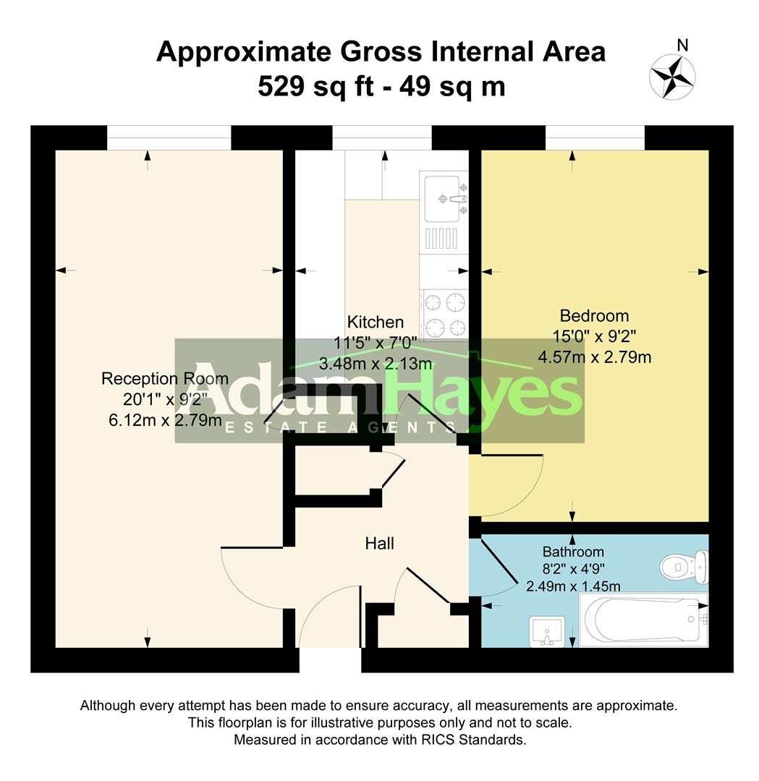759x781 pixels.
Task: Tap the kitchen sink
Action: tap(439, 198)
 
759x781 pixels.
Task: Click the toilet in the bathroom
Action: tap(683, 566)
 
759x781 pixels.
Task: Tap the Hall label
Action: tap(379, 543)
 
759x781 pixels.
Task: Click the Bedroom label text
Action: tap(594, 316)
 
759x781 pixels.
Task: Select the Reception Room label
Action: tap(164, 379)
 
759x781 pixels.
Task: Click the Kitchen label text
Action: tap(375, 323)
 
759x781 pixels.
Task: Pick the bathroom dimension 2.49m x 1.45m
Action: tap(573, 586)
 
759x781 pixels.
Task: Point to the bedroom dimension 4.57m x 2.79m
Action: tap(594, 357)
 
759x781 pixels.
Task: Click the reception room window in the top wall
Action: tap(169, 137)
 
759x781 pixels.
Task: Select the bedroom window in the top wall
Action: tap(594, 137)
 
